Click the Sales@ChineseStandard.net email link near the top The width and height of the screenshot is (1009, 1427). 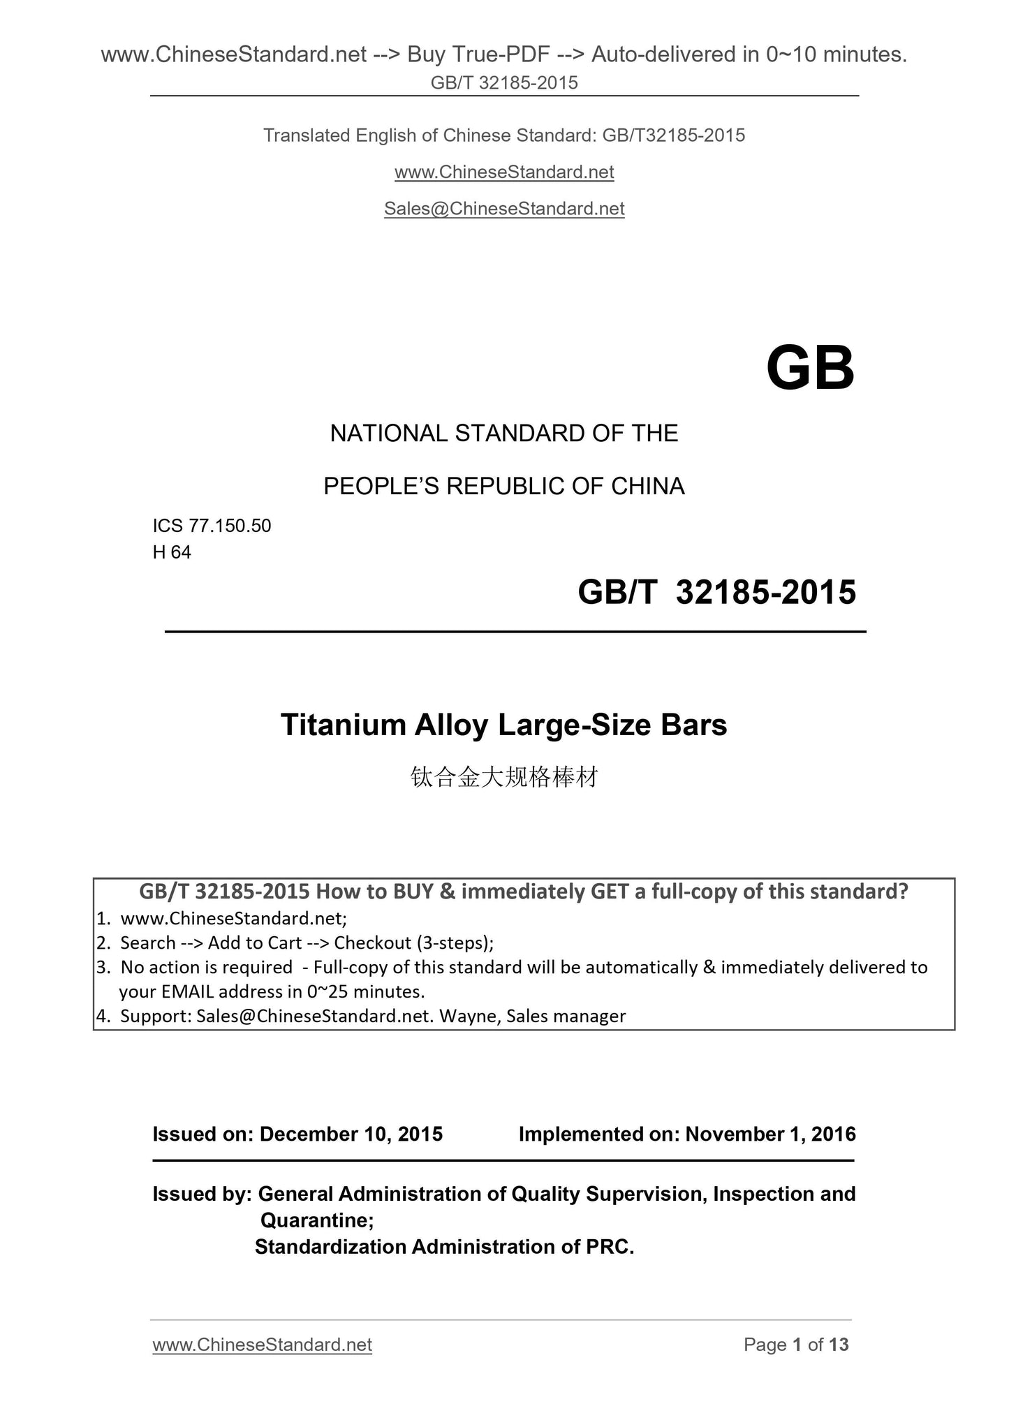tap(504, 209)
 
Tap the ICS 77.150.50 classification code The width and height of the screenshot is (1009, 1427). tap(212, 526)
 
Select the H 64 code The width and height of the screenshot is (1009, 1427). tap(172, 552)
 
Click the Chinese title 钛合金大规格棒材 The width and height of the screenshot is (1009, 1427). tap(504, 777)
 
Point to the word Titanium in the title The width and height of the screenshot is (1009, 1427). tap(344, 725)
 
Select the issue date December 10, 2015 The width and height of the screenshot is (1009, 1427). tap(351, 1134)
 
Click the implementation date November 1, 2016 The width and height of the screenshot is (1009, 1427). tap(770, 1134)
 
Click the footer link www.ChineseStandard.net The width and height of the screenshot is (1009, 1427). tap(262, 1345)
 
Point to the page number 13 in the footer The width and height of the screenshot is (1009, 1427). tap(839, 1345)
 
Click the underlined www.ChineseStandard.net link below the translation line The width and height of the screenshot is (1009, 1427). tap(504, 172)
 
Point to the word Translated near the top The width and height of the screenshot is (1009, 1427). tap(306, 135)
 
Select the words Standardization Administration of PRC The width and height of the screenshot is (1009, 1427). tap(444, 1246)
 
